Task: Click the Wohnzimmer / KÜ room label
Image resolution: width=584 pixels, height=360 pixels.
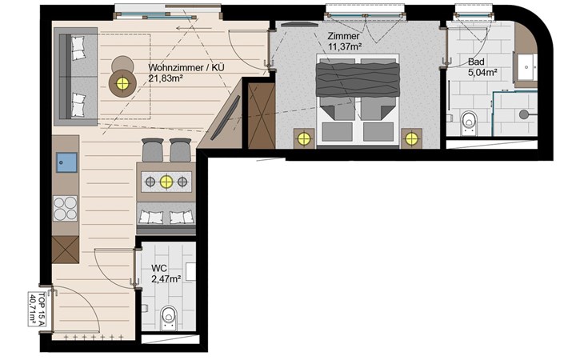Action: pyautogui.click(x=186, y=68)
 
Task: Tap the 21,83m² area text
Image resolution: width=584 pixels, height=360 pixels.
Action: pyautogui.click(x=166, y=78)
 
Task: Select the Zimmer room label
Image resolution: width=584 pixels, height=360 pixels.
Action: pyautogui.click(x=343, y=37)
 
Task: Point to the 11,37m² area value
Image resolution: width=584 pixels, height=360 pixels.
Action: pyautogui.click(x=346, y=46)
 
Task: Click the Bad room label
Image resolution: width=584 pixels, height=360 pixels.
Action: pyautogui.click(x=476, y=62)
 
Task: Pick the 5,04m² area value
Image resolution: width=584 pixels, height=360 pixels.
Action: pyautogui.click(x=483, y=72)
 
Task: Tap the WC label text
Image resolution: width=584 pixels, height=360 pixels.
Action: pyautogui.click(x=158, y=268)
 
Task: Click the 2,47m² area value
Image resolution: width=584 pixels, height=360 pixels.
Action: pyautogui.click(x=166, y=278)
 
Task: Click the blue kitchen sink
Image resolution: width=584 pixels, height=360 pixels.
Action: pyautogui.click(x=66, y=162)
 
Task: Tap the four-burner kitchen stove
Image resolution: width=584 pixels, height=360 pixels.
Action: pyautogui.click(x=65, y=209)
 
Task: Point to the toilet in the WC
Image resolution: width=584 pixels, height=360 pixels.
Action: pyautogui.click(x=169, y=318)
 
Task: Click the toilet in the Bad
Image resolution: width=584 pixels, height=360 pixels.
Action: pyautogui.click(x=469, y=123)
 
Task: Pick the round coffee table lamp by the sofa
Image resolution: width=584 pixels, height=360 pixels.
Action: pyautogui.click(x=122, y=83)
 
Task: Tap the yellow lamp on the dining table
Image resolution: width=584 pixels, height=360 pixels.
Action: pyautogui.click(x=166, y=182)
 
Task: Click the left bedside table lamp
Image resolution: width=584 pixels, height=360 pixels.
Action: pyautogui.click(x=304, y=139)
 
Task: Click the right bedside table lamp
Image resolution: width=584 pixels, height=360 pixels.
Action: pyautogui.click(x=411, y=139)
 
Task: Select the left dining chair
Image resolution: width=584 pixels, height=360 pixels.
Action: pyautogui.click(x=153, y=150)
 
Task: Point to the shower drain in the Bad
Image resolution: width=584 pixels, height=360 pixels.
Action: pyautogui.click(x=524, y=114)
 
